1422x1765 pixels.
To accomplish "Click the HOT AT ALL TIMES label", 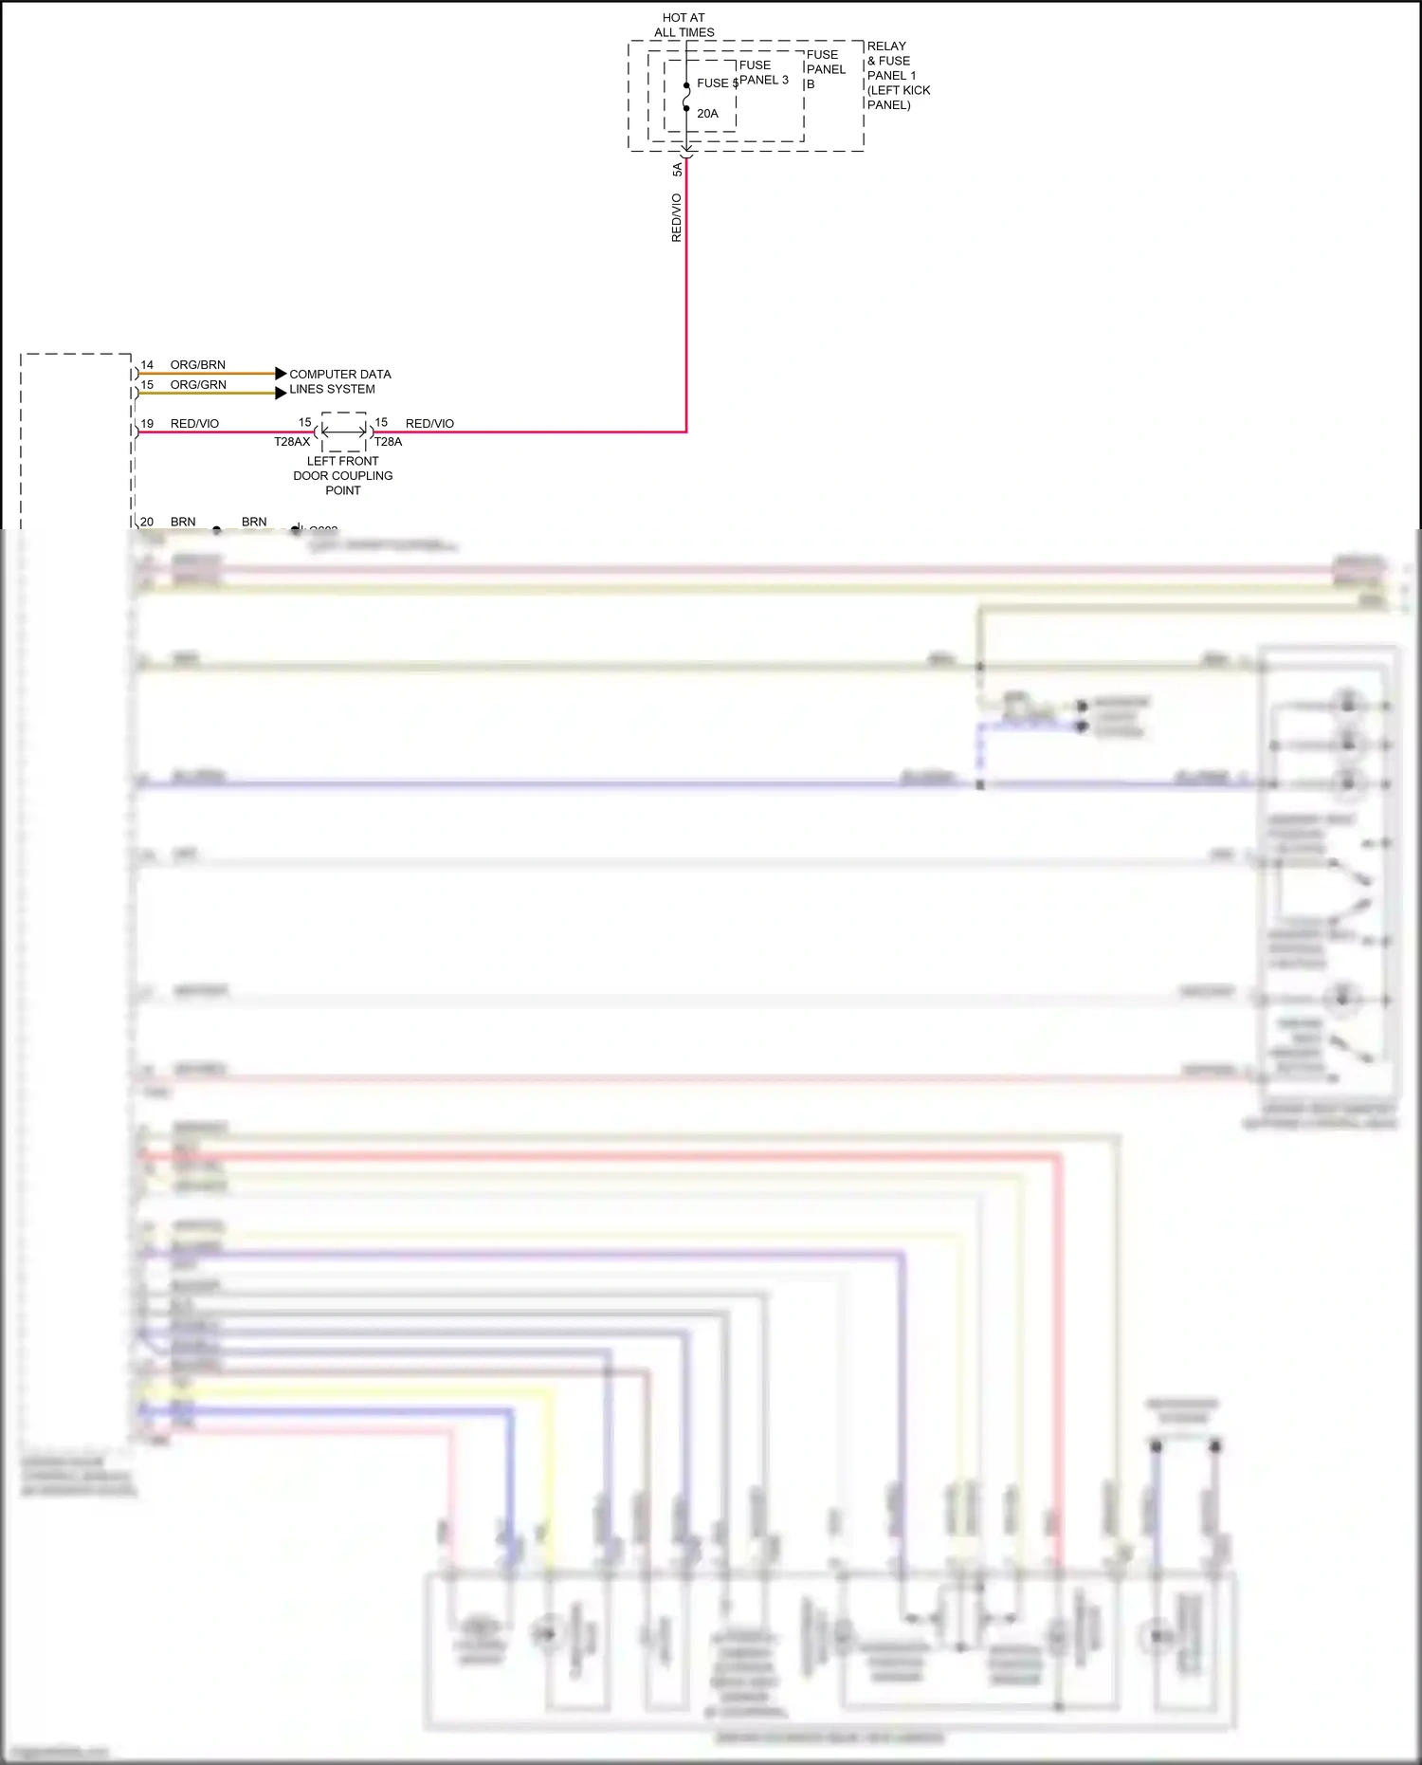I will (684, 25).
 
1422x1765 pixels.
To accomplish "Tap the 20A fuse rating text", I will (707, 114).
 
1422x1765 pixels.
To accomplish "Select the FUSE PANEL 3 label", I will (763, 72).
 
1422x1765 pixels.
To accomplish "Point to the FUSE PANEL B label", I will (825, 69).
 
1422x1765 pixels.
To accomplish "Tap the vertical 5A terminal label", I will (677, 169).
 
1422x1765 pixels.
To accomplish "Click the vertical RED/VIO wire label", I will (676, 217).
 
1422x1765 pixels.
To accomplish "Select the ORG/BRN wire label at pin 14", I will (197, 365).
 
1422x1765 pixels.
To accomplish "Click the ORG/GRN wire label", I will (197, 385).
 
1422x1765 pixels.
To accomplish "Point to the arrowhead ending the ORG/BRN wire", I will (281, 374).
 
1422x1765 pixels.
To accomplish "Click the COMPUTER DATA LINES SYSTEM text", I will (338, 381).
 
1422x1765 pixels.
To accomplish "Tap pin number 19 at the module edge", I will (147, 424).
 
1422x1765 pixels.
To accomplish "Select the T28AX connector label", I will (292, 442).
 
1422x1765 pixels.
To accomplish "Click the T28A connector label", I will (388, 442).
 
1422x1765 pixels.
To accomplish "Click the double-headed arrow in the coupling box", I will (343, 432).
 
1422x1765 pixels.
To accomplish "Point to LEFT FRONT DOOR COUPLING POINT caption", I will (342, 475).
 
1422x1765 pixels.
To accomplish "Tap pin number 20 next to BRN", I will (147, 522).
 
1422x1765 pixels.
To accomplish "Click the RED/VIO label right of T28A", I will (429, 424).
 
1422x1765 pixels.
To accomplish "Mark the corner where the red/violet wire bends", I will (685, 432).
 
